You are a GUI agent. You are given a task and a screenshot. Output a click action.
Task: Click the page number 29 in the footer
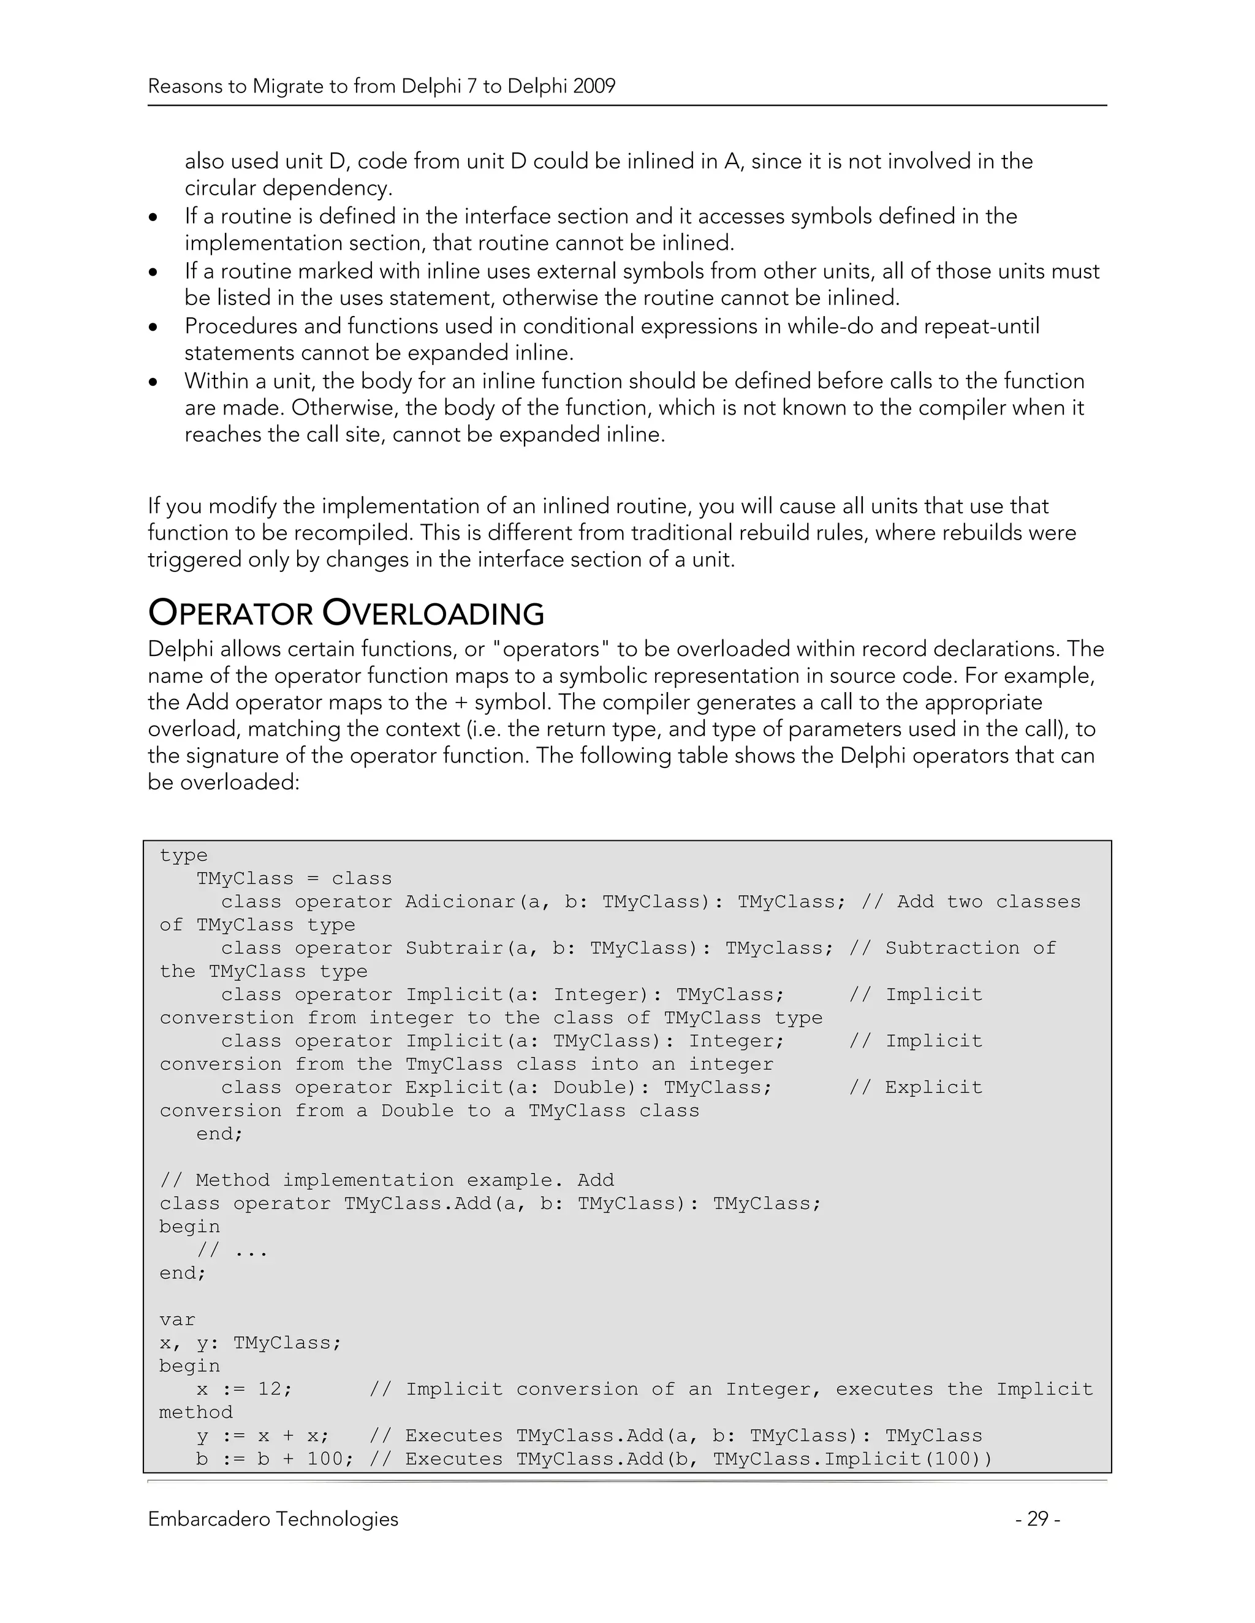click(x=1037, y=1519)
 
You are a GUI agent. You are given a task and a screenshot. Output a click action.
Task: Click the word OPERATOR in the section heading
click(x=230, y=614)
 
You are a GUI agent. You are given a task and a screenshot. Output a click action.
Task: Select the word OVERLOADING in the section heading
click(x=433, y=614)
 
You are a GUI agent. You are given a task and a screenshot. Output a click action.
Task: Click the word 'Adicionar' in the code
click(x=460, y=902)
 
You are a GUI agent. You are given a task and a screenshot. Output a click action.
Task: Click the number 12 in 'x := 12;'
click(x=269, y=1389)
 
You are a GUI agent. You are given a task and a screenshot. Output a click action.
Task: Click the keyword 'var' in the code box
click(x=177, y=1320)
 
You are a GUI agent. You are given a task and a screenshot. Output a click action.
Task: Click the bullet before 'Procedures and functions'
click(x=153, y=327)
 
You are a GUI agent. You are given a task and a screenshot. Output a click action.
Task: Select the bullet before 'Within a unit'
click(x=153, y=382)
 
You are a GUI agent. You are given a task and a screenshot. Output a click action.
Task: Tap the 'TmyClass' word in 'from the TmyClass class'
click(x=453, y=1064)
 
